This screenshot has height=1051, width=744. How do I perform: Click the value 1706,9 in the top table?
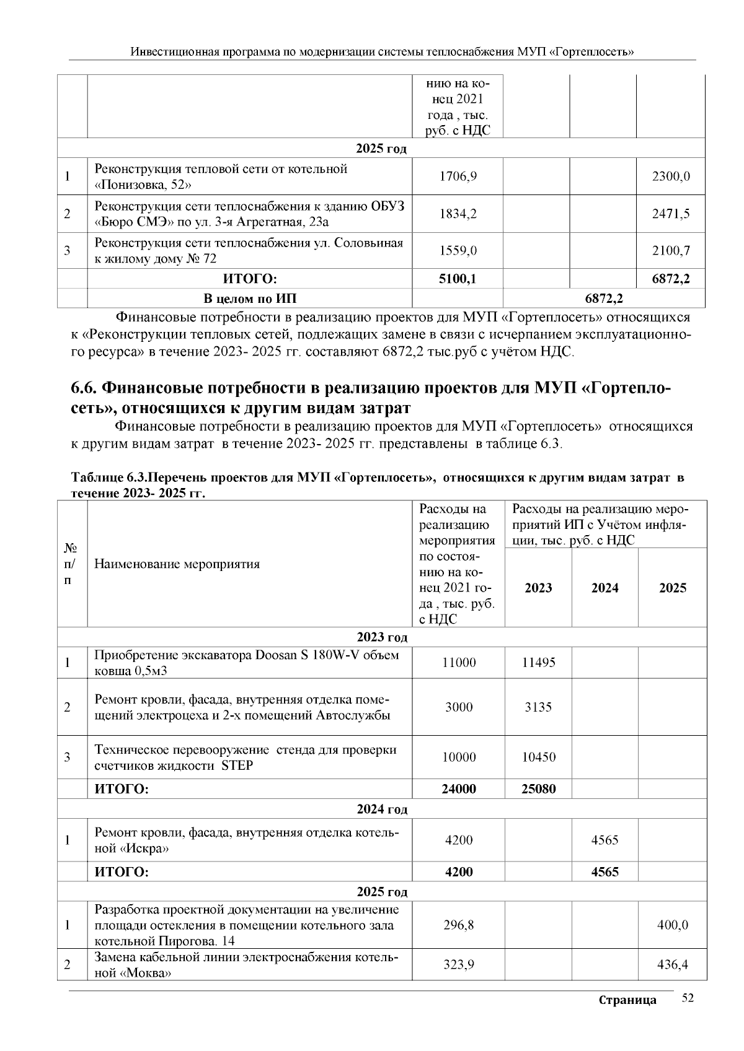(x=458, y=177)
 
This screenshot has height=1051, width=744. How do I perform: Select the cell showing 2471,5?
(x=671, y=214)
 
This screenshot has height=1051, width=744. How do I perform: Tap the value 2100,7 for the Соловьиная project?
(x=671, y=251)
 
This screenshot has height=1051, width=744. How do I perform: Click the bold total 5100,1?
(x=458, y=279)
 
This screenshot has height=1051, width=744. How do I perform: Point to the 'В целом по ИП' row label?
(x=250, y=299)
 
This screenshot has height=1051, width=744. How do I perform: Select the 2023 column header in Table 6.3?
(x=538, y=588)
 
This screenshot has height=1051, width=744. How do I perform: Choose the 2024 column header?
(x=604, y=588)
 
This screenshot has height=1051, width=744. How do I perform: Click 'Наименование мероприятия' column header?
(x=177, y=564)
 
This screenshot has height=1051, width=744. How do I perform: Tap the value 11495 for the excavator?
(x=538, y=663)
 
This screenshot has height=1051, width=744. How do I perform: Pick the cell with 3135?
(x=538, y=707)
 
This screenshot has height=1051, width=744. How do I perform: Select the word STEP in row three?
(x=237, y=765)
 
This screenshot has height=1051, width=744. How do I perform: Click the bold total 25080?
(x=538, y=789)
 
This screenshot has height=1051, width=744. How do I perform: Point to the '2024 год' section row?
(x=382, y=809)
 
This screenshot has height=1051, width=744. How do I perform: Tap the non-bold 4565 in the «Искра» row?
(x=604, y=840)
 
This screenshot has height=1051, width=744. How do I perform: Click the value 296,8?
(x=458, y=925)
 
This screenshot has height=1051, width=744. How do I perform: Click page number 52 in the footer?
(x=688, y=998)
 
